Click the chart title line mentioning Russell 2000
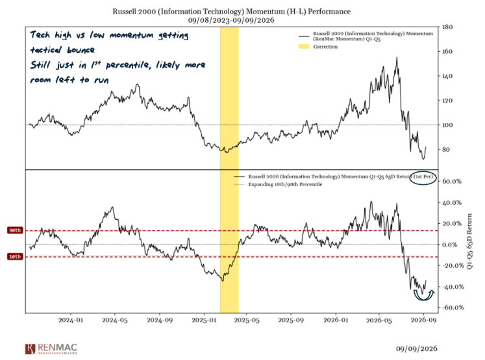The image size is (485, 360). [231, 12]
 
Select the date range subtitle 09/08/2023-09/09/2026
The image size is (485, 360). [231, 20]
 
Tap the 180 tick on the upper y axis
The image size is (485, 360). [447, 27]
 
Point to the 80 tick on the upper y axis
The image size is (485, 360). [445, 149]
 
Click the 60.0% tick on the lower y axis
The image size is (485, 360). [452, 182]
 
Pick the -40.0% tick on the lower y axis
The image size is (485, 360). [453, 287]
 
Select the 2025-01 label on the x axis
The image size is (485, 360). [204, 320]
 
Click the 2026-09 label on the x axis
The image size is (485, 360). [423, 320]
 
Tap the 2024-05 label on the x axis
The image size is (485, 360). [115, 320]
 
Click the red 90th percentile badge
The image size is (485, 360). [15, 230]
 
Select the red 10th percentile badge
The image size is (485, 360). [15, 256]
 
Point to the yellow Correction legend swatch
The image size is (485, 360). [304, 47]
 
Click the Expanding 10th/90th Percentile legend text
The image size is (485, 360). [285, 184]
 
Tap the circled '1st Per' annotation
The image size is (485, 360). [423, 177]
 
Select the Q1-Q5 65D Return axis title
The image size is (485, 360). [469, 241]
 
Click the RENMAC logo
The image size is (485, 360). [51, 349]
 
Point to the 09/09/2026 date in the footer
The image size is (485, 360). [417, 348]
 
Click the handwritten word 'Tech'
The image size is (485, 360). [40, 34]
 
